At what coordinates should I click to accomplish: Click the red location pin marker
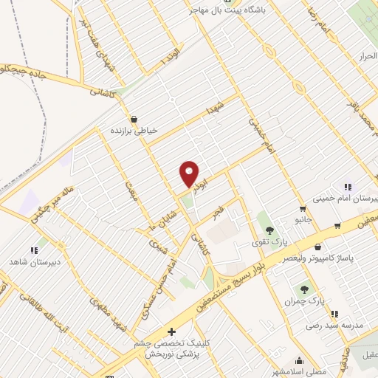[190, 174]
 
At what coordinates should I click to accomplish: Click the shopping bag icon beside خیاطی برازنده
[133, 118]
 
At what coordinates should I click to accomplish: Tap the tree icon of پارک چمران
[303, 289]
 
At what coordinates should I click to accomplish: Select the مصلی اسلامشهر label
[300, 371]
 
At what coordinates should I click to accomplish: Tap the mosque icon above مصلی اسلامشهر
[299, 360]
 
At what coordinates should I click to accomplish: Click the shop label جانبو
[301, 219]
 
